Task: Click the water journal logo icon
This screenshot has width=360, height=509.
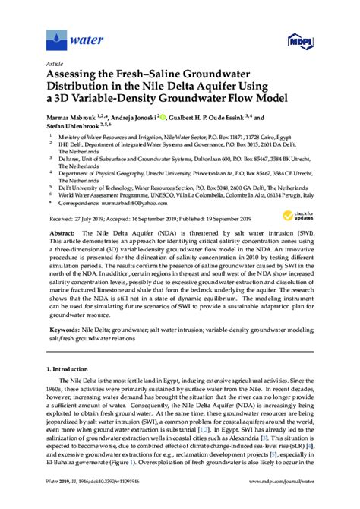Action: click(x=55, y=36)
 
